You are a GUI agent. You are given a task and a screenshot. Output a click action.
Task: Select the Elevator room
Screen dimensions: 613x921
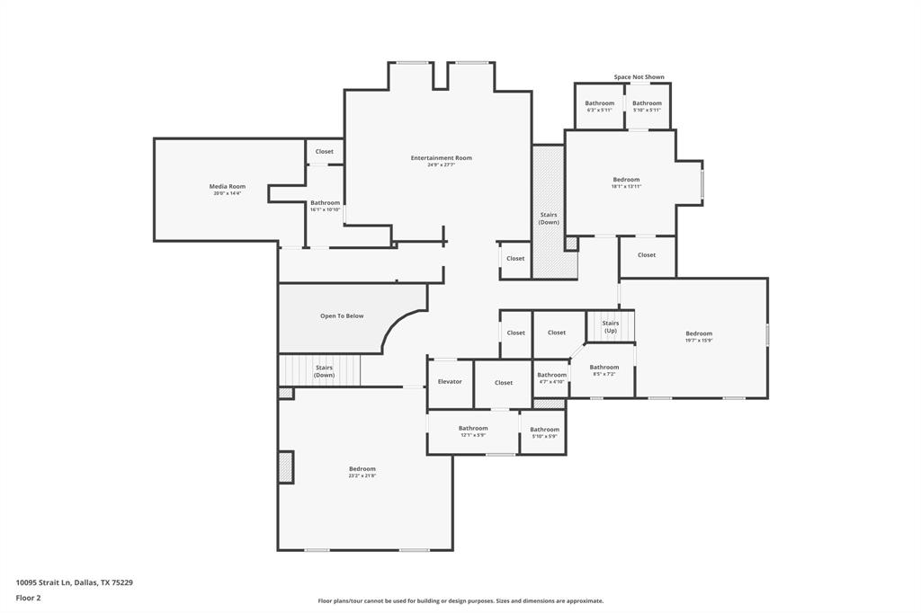pos(450,382)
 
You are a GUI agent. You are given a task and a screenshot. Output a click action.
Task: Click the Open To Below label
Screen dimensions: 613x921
pos(342,315)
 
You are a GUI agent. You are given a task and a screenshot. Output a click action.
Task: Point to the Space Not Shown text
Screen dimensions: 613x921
pos(639,77)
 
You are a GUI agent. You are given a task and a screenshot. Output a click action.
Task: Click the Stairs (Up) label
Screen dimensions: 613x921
pos(610,326)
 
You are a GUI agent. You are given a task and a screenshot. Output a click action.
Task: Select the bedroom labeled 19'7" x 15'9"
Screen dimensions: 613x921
pos(698,336)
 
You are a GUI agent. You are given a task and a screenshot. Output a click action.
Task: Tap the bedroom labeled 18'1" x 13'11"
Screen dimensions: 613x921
pos(626,182)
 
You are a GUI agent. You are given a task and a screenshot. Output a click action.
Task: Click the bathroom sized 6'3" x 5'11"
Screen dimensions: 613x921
pos(599,106)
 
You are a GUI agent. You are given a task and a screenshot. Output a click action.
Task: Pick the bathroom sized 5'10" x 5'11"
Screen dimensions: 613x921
pos(647,106)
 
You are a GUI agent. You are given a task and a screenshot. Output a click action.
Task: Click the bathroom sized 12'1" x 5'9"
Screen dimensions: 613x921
pos(472,431)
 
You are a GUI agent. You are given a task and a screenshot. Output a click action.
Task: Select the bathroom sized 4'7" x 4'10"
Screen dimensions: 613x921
pos(551,378)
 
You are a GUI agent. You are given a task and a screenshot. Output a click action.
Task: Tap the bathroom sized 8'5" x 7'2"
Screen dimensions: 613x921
pos(604,369)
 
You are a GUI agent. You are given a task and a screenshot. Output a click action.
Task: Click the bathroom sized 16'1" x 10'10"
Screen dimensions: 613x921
pos(325,206)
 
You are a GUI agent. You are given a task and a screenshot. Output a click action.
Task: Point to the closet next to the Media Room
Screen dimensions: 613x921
pos(324,151)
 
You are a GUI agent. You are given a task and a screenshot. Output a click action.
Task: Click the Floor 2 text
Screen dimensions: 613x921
pos(28,597)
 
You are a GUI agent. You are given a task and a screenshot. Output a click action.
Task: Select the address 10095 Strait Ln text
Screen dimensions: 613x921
pos(75,582)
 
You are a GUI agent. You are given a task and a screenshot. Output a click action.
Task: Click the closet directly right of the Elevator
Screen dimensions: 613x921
pos(504,382)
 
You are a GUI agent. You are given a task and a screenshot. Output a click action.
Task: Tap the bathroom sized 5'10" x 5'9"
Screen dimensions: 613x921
pos(544,432)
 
